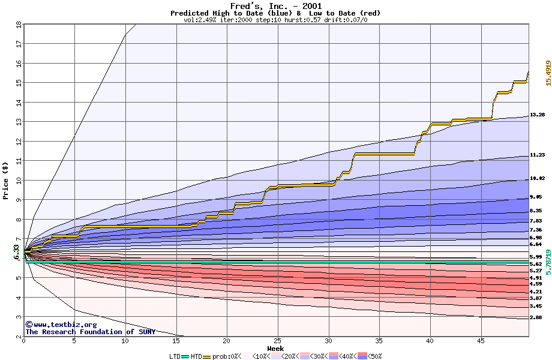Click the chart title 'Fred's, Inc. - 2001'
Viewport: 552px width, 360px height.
click(275, 6)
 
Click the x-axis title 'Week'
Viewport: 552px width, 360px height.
click(275, 348)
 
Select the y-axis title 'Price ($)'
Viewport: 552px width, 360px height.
click(5, 180)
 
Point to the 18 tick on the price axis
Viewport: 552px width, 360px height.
click(18, 25)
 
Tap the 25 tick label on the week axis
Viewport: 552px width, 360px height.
click(277, 341)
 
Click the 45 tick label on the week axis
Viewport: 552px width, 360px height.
click(481, 341)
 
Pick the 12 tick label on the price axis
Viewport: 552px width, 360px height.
click(18, 142)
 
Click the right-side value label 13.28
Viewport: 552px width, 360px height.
click(537, 115)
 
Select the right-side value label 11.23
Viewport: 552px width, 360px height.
click(537, 155)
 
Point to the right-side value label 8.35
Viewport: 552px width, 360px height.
click(536, 211)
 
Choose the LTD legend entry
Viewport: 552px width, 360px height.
click(176, 356)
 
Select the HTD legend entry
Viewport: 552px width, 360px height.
click(197, 356)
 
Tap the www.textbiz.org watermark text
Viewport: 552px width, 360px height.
click(56, 325)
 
